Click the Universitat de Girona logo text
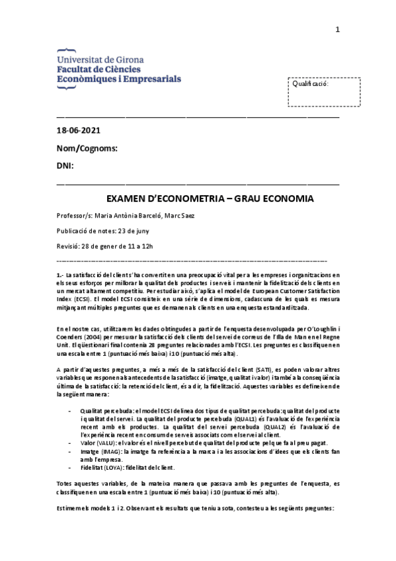click(97, 58)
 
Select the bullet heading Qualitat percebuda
click(104, 411)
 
